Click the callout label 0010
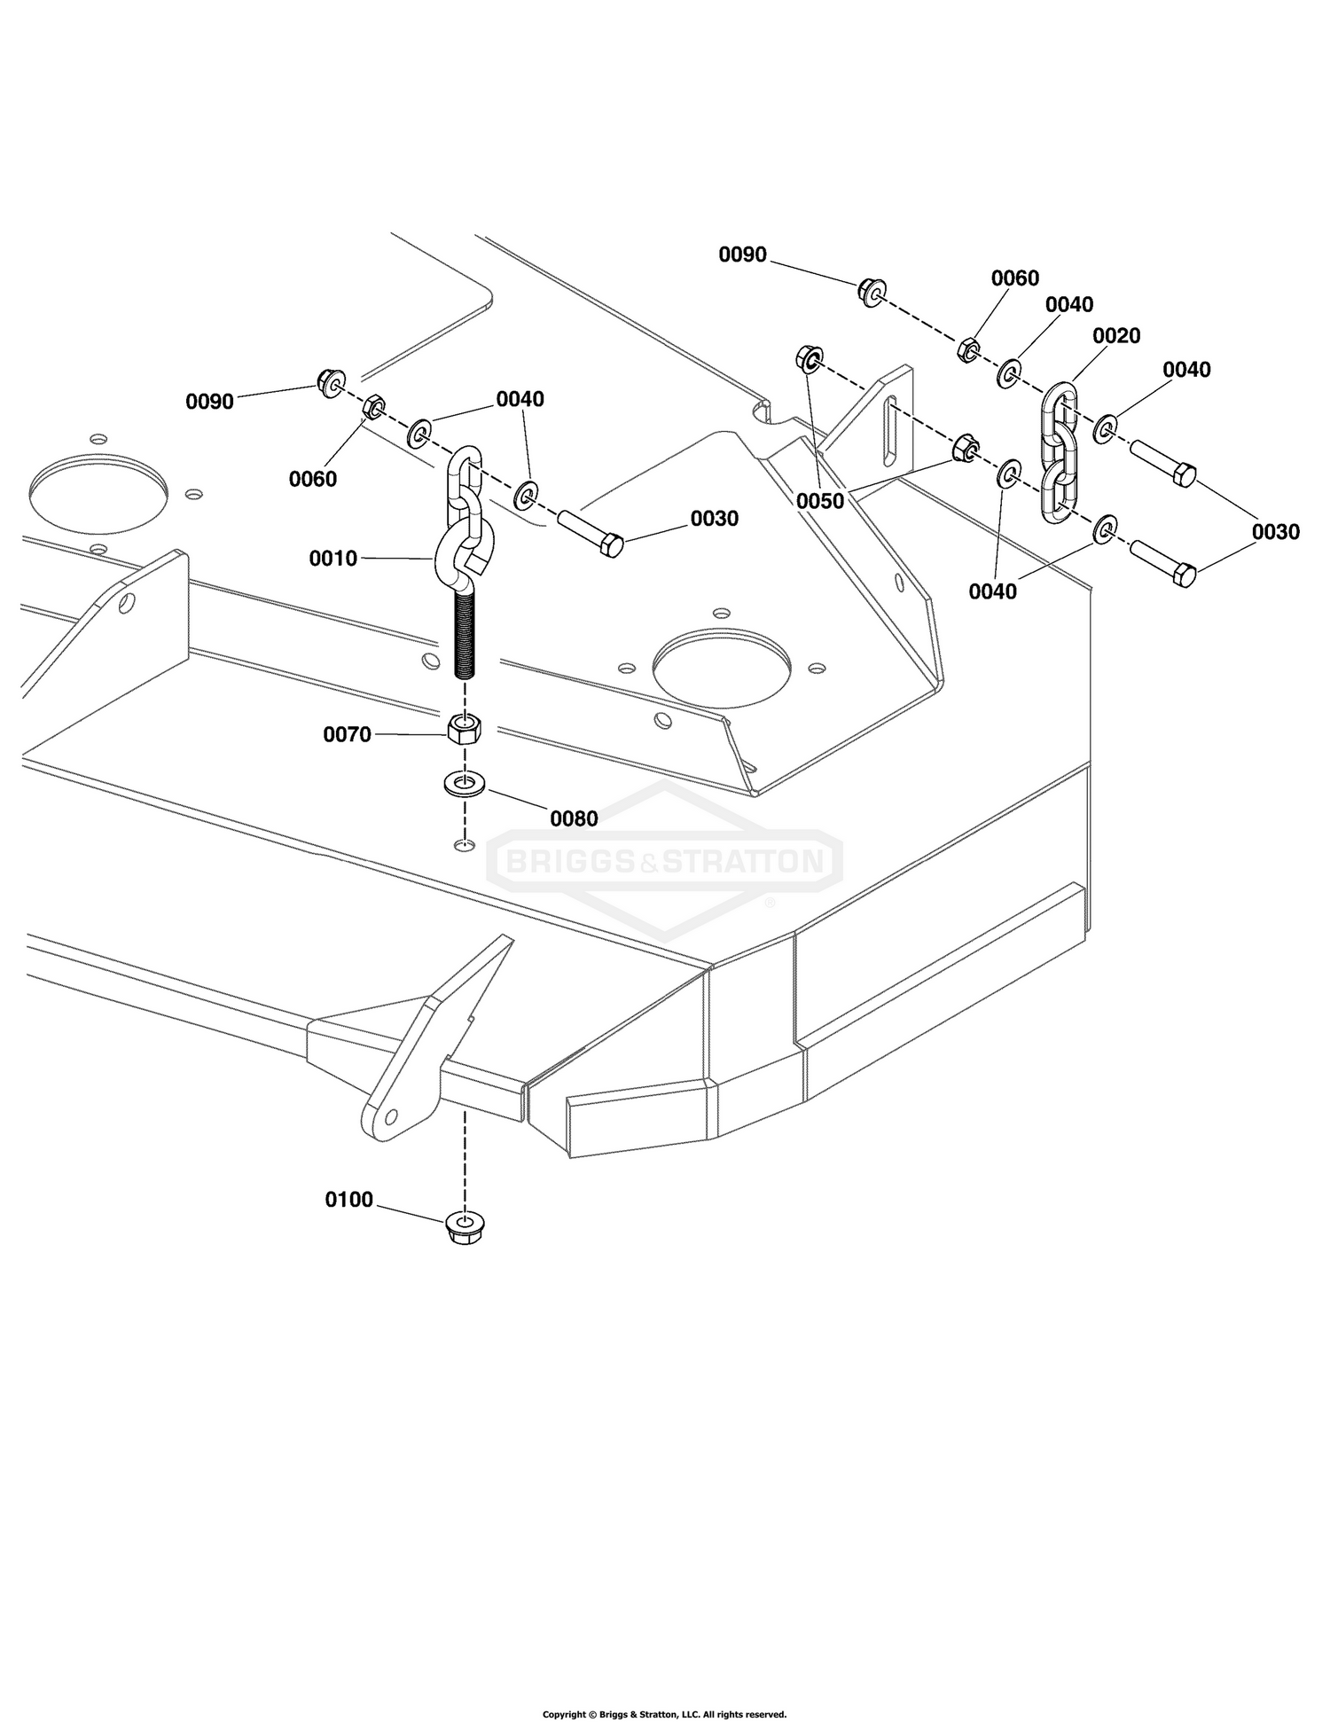332,559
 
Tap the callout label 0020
1116,336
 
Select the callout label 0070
347,734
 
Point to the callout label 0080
574,818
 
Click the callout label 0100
349,1200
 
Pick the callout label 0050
820,501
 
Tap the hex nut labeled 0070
464,729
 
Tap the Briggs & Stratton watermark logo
664,860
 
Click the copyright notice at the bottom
664,1714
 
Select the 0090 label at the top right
742,254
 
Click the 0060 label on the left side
313,479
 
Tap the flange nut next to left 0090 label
330,384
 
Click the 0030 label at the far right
1275,532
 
